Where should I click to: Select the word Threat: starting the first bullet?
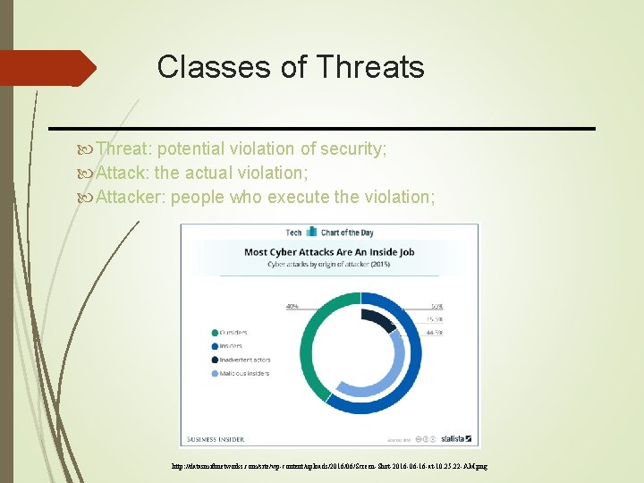(x=125, y=148)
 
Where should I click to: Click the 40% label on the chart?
(x=292, y=307)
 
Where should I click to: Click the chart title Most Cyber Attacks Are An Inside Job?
(x=329, y=252)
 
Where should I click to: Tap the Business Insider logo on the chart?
(x=215, y=439)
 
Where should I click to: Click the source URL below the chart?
(x=328, y=467)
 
